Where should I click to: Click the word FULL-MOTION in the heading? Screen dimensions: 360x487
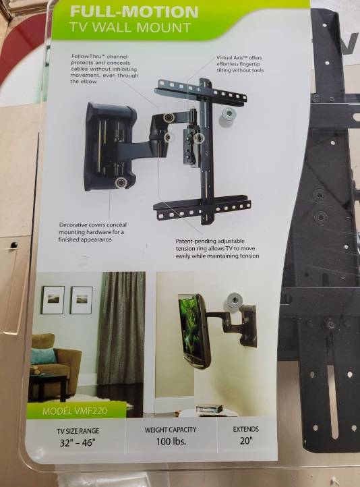(134, 11)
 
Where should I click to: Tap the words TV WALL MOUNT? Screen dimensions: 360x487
(129, 28)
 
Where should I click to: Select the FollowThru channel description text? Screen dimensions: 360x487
(104, 69)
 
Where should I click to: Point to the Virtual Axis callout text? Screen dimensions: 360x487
(240, 64)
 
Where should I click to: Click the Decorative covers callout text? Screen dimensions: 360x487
(92, 232)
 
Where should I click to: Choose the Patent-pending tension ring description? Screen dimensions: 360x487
(217, 248)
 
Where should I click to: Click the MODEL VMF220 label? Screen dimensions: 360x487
(75, 411)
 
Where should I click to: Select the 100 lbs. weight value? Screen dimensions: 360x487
(171, 441)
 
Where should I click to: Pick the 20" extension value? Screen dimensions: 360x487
(246, 440)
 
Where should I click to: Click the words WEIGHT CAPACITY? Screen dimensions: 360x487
(171, 430)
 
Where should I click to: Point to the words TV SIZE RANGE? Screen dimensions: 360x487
(78, 431)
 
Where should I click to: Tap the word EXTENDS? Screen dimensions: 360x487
(246, 429)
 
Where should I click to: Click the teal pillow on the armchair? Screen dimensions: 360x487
(43, 356)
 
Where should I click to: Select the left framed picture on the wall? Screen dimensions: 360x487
(53, 300)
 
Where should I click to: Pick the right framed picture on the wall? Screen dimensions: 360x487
(82, 300)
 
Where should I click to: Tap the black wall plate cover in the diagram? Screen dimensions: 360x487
(110, 146)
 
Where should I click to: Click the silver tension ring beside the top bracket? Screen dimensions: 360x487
(229, 117)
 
